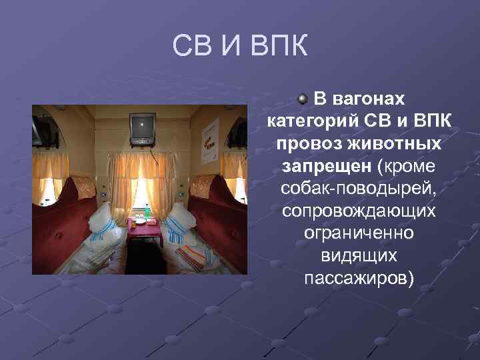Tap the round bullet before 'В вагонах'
[x=303, y=99]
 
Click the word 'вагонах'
[x=369, y=99]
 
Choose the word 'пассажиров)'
[x=359, y=277]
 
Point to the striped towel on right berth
[x=194, y=256]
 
